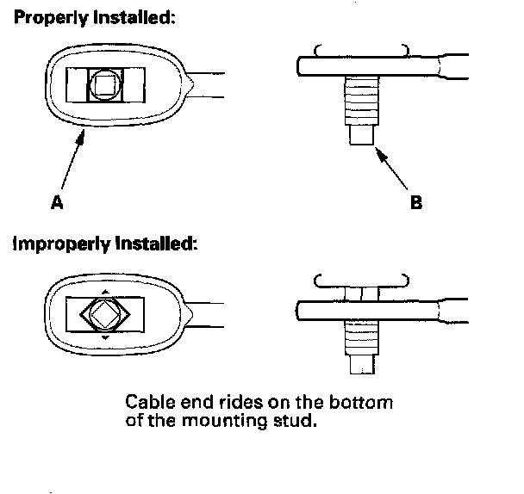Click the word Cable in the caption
tap(147, 403)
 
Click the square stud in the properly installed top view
tap(105, 85)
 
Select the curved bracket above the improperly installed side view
tap(359, 280)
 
